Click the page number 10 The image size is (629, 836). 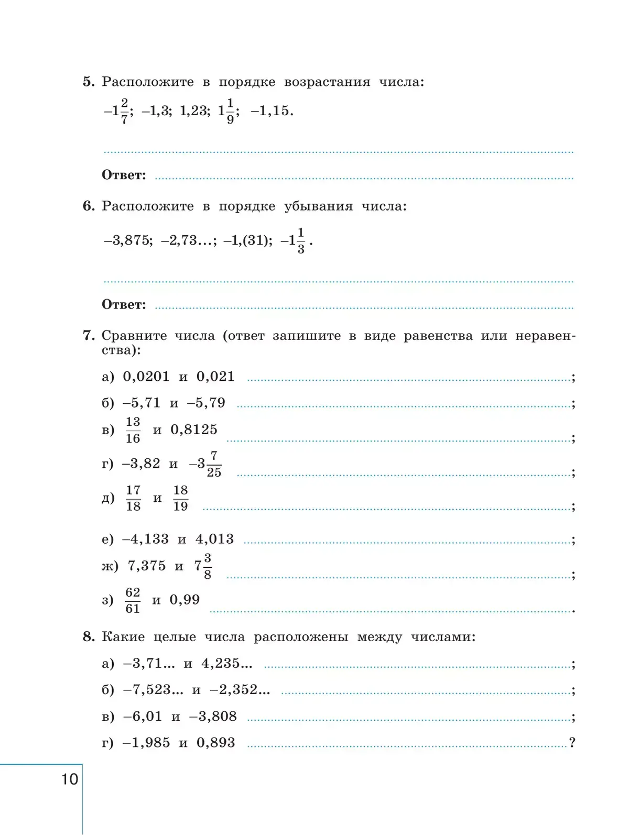pyautogui.click(x=70, y=779)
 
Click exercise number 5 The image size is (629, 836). pyautogui.click(x=89, y=82)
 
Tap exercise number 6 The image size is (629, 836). pyautogui.click(x=89, y=206)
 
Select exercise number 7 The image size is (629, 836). pyautogui.click(x=89, y=335)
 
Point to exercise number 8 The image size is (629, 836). pyautogui.click(x=89, y=636)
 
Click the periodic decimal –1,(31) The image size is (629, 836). pyautogui.click(x=248, y=240)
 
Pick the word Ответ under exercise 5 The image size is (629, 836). pyautogui.click(x=124, y=175)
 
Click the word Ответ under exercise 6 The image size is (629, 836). pyautogui.click(x=124, y=304)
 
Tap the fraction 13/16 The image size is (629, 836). pyautogui.click(x=133, y=430)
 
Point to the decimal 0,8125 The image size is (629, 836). pyautogui.click(x=194, y=430)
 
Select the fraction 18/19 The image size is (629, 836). pyautogui.click(x=180, y=498)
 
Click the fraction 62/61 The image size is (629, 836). pyautogui.click(x=133, y=600)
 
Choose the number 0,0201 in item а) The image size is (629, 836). pyautogui.click(x=146, y=377)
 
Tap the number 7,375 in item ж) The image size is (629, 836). pyautogui.click(x=147, y=566)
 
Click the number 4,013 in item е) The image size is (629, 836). pyautogui.click(x=214, y=539)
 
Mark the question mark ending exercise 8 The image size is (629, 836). pyautogui.click(x=572, y=742)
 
